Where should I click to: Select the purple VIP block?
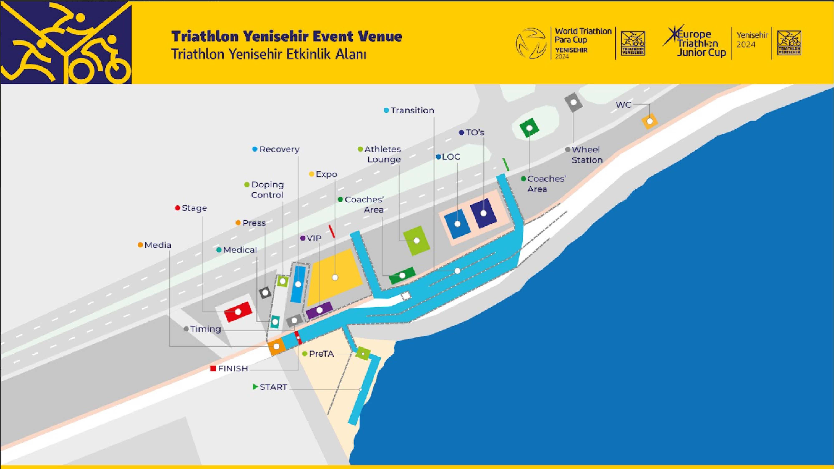pos(319,310)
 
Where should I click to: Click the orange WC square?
pos(649,121)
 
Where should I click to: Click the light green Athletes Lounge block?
pos(417,241)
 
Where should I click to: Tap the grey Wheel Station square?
pos(573,102)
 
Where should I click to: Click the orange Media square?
pos(276,346)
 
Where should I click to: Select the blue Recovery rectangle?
pos(298,284)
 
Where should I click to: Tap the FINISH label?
pos(233,369)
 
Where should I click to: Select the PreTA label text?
pos(321,354)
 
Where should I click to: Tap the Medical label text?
pos(240,250)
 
